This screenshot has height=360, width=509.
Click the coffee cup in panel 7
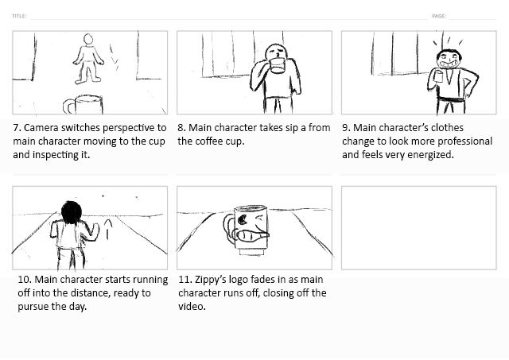[x=84, y=104]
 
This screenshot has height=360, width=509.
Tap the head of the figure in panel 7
[x=88, y=39]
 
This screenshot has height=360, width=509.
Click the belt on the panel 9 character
[x=451, y=99]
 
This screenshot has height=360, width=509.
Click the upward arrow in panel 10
[x=108, y=229]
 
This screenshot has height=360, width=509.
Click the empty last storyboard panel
[x=419, y=227]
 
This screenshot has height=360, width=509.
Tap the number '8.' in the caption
[x=181, y=128]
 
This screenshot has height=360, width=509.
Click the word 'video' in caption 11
[x=192, y=307]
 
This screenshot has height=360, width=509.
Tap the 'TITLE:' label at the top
[x=19, y=16]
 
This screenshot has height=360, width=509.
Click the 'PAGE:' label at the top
[x=439, y=16]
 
